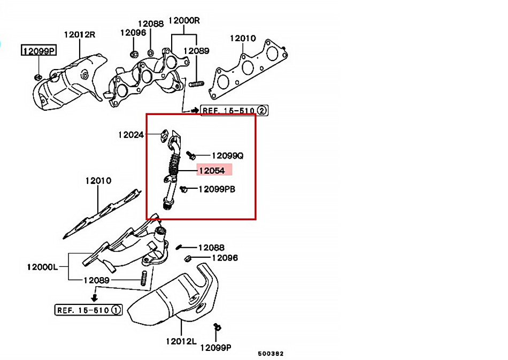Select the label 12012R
coord(79,34)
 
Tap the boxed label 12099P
coord(39,51)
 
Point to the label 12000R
coord(184,21)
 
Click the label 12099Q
coord(227,156)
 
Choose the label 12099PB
coord(217,189)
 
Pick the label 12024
coord(131,135)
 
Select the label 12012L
coord(181,341)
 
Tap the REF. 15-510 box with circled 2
coord(234,111)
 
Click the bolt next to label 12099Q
coord(191,156)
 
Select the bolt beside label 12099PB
coord(184,188)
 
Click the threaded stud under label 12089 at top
coord(196,83)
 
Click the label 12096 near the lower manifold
coord(225,258)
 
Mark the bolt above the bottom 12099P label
coord(217,327)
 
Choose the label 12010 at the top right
coord(243,39)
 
